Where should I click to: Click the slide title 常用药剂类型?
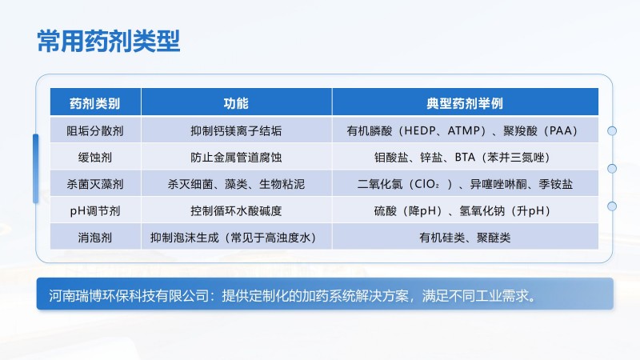pos(109,41)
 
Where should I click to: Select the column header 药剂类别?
pos(95,103)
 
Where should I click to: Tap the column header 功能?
pos(236,103)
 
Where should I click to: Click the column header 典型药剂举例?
pos(465,103)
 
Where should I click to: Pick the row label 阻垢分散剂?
pos(95,130)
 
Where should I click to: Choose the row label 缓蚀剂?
pos(95,158)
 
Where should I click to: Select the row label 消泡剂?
pos(95,238)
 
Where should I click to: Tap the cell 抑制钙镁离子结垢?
pos(236,130)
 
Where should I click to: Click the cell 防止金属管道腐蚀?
pos(236,158)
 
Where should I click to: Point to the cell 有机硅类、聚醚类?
pos(465,238)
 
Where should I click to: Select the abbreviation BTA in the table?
pos(465,158)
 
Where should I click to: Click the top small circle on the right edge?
pos(612,130)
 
